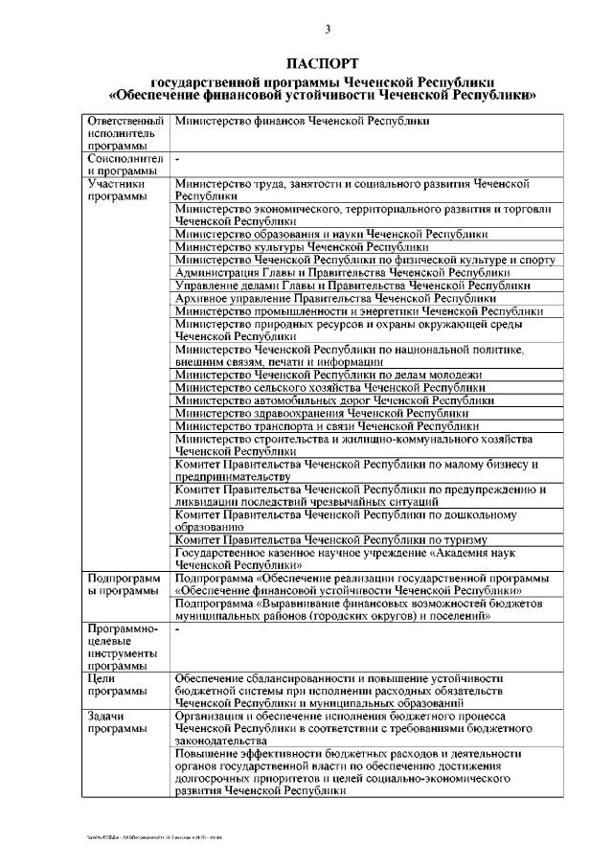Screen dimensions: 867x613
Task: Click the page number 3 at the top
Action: (x=327, y=30)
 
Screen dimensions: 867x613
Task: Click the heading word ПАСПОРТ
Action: (x=326, y=63)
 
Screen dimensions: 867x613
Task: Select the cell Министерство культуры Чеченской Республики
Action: (x=302, y=246)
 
